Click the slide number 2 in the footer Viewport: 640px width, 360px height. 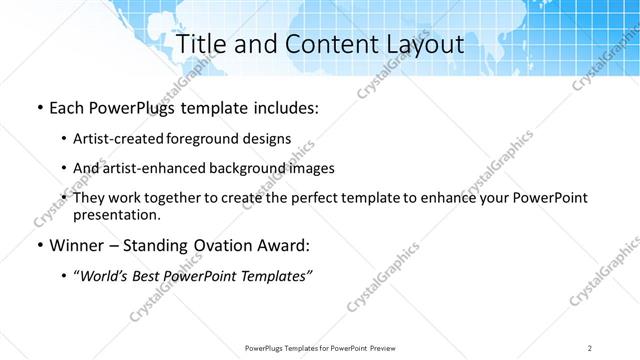pyautogui.click(x=590, y=347)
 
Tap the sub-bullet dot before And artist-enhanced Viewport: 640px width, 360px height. pyautogui.click(x=64, y=168)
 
